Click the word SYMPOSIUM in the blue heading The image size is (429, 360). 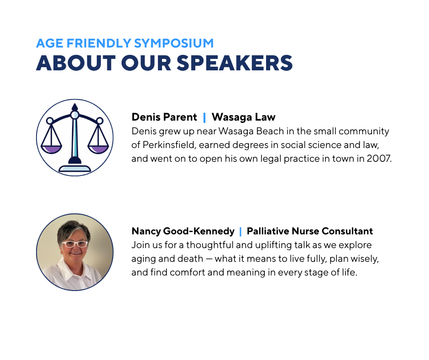(174, 43)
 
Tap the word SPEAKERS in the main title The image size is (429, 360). (235, 63)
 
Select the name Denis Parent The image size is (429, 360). (164, 117)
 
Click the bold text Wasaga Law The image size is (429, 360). (244, 117)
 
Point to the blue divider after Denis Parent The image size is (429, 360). (204, 117)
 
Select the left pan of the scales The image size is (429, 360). (52, 149)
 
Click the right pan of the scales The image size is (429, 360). (98, 149)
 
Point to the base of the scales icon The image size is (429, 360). (75, 168)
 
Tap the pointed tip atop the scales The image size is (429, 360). (75, 104)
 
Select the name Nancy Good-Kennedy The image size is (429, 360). (183, 231)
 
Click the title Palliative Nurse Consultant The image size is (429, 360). (310, 231)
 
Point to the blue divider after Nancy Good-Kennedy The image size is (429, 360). (241, 232)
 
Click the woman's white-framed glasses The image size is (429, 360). (75, 244)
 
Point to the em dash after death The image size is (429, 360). (209, 259)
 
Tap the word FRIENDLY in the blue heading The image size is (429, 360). (99, 43)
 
